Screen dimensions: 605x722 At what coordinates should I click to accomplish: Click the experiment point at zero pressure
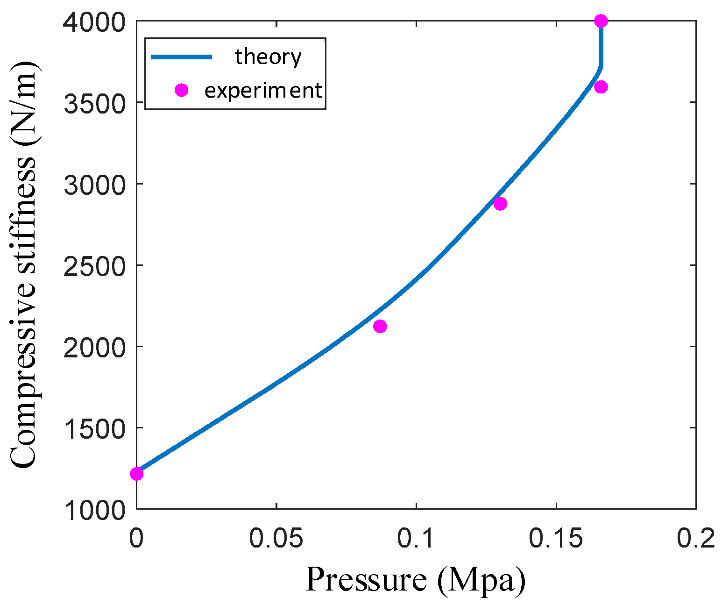[136, 474]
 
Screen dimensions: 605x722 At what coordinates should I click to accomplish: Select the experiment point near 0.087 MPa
[380, 326]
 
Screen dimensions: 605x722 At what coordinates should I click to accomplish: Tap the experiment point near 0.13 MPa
[500, 204]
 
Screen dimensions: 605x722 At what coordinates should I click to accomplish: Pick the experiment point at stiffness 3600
[601, 87]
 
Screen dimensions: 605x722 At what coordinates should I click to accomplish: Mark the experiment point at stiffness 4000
[601, 21]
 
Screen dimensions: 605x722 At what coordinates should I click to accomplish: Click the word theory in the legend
[268, 57]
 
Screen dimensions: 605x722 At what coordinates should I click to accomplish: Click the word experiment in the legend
[263, 90]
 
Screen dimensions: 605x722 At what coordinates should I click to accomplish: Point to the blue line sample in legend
[181, 57]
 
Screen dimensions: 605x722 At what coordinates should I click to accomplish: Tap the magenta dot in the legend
[181, 90]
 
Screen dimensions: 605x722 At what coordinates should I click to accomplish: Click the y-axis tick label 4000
[94, 22]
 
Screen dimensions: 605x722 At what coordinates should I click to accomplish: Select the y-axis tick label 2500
[94, 266]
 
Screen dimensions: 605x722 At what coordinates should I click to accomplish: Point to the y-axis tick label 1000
[94, 510]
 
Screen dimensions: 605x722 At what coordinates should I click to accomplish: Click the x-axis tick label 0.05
[276, 539]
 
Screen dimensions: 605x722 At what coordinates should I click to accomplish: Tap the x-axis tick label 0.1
[416, 539]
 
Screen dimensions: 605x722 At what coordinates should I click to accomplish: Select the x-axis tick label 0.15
[556, 539]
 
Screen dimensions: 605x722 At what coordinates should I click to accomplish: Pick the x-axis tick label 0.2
[696, 539]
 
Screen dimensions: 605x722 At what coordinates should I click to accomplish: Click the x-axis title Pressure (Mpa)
[416, 580]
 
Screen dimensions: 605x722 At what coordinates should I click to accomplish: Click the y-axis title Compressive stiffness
[23, 264]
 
